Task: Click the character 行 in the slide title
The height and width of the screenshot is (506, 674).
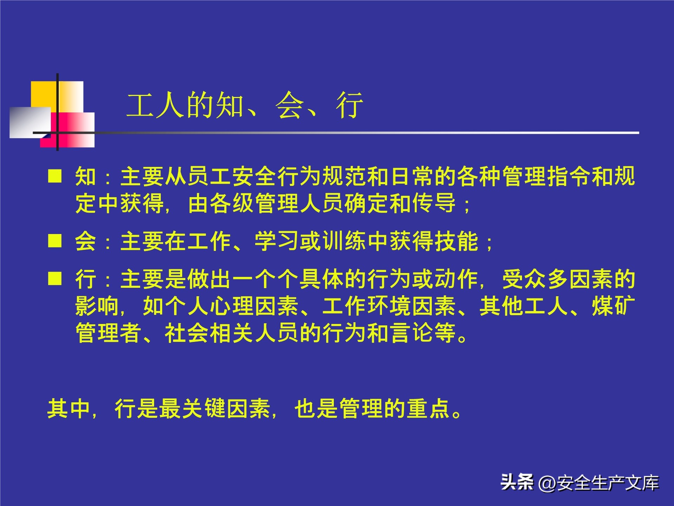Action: pos(349,105)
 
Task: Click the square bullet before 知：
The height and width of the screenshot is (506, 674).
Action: pos(55,175)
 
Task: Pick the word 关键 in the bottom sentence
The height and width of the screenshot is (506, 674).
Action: pos(204,409)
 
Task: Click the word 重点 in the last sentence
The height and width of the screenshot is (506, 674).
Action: pos(428,409)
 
